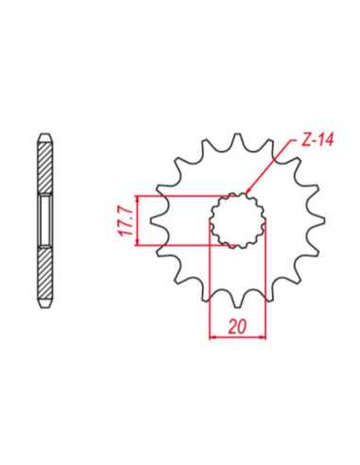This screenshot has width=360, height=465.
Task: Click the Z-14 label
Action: [317, 140]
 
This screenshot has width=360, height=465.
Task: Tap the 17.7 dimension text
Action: [127, 221]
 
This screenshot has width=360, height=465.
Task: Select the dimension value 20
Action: [237, 327]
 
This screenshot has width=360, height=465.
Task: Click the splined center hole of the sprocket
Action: [238, 220]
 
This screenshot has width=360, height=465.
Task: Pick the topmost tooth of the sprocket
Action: [238, 140]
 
